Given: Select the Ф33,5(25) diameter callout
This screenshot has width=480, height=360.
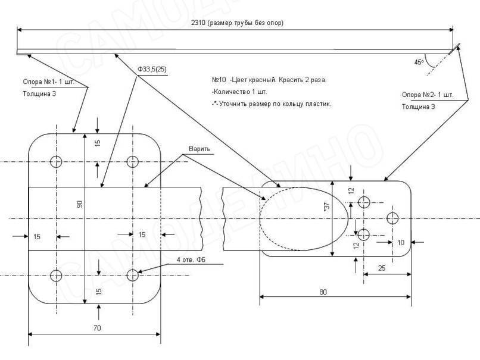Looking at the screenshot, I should point(152,70).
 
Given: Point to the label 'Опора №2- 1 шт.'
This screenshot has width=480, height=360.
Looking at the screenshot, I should point(427,95).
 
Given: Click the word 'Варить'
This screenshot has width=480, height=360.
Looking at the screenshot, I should point(200,148).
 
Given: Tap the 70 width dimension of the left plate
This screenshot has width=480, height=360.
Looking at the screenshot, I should point(96,328).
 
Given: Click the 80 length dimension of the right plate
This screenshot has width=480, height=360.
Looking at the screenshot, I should point(339,292).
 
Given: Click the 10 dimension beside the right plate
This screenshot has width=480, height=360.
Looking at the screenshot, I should point(400,242).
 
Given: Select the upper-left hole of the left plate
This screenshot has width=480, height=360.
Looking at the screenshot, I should point(57,161).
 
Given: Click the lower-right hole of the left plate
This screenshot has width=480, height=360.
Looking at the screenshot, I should point(132,276).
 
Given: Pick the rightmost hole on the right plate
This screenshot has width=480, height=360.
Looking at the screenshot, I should point(393,217).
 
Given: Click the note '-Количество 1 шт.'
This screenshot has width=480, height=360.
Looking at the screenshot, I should point(239,92).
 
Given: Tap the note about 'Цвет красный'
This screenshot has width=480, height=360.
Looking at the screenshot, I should point(269,80).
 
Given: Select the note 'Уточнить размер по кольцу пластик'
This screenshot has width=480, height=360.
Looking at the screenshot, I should point(271,104).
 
